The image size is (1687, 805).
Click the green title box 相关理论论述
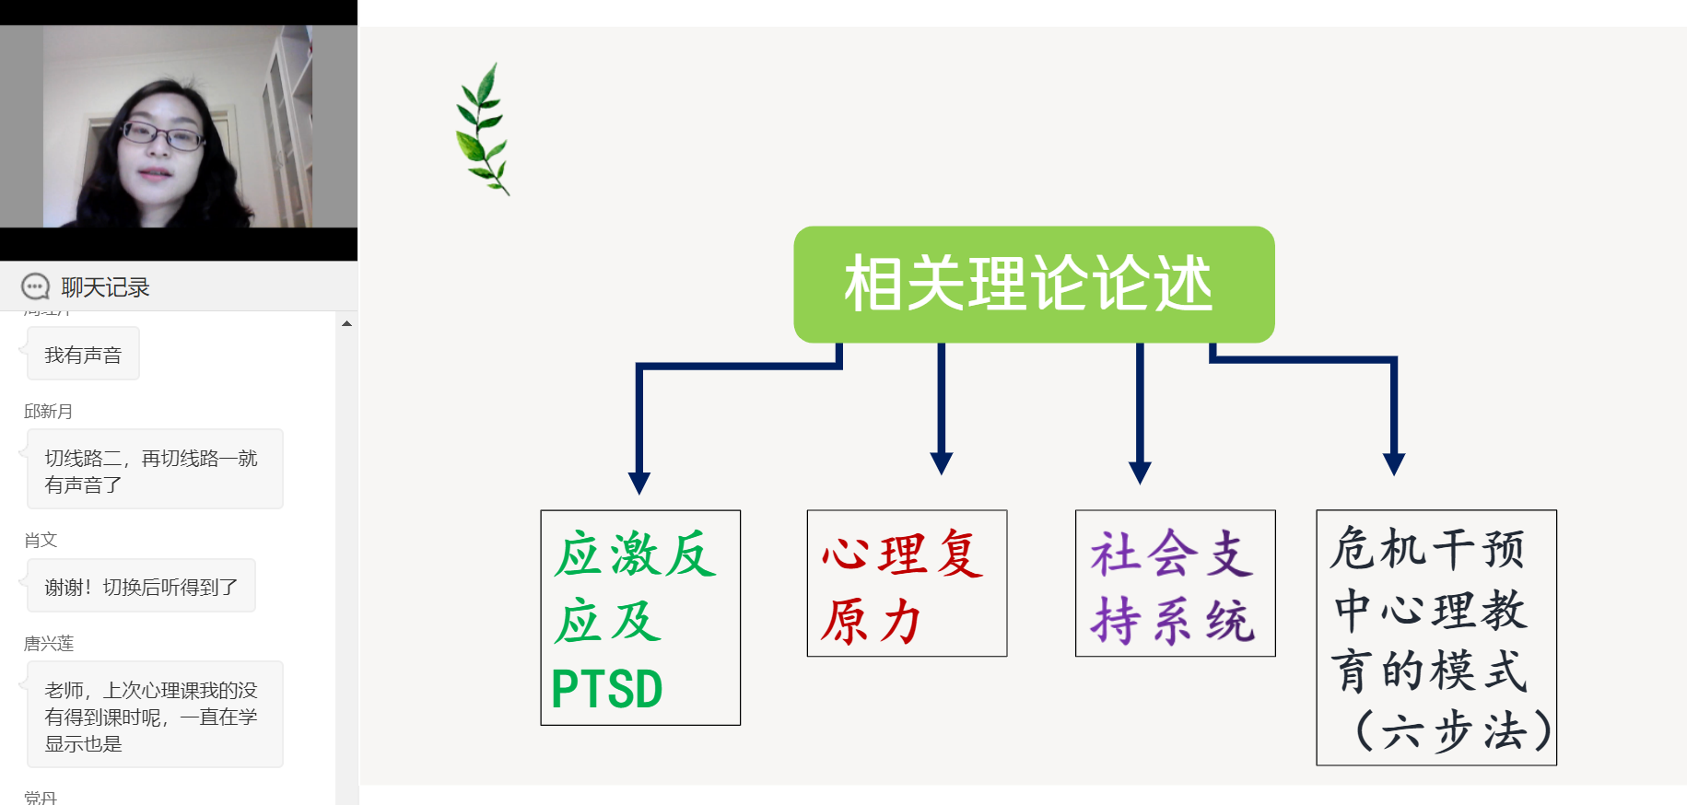coord(1034,284)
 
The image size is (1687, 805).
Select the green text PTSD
coord(607,689)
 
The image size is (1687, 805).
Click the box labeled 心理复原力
coord(907,583)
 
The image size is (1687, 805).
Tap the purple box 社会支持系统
coord(1175,583)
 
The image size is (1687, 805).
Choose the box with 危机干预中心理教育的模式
coord(1435,637)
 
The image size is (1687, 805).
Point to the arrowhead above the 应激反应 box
coord(639,482)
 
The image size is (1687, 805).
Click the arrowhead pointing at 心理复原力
coord(942,462)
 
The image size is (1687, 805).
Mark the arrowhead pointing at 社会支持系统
coord(1140,472)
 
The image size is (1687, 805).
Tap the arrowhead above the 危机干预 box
coord(1394,463)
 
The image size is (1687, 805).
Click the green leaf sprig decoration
coord(483,129)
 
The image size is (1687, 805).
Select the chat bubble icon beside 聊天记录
coord(35,287)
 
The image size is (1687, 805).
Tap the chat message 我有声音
coord(83,355)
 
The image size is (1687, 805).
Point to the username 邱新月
coord(48,412)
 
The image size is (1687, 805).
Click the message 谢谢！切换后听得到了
coord(141,587)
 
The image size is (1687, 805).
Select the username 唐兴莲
coord(49,644)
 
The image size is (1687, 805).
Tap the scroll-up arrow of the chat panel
coord(346,324)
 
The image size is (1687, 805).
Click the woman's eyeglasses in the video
coord(163,136)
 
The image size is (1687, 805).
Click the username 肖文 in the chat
coord(41,541)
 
